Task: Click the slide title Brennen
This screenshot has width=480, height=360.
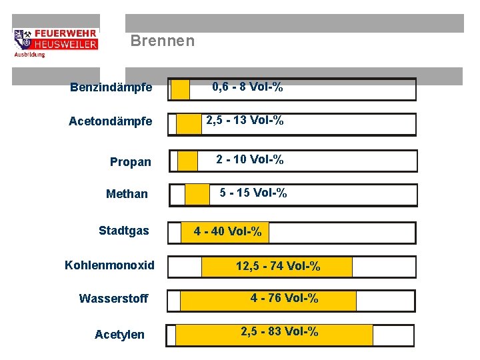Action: click(x=163, y=41)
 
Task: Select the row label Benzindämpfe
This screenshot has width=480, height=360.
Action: click(x=111, y=87)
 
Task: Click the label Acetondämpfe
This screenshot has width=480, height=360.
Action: click(x=111, y=121)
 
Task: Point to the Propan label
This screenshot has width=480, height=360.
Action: click(x=131, y=162)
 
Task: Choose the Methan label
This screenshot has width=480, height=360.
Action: click(x=127, y=194)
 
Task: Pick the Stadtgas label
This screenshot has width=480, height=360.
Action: click(x=124, y=231)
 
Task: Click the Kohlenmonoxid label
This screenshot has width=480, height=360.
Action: click(x=109, y=265)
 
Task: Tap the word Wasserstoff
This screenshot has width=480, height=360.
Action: click(x=113, y=298)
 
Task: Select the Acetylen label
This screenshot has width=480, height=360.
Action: click(x=119, y=334)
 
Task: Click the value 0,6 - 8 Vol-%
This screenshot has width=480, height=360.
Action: click(x=247, y=87)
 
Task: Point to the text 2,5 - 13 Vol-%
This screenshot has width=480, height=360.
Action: click(x=245, y=121)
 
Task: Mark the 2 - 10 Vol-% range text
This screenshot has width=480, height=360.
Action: click(x=250, y=159)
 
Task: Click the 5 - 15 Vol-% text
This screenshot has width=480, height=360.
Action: click(x=253, y=193)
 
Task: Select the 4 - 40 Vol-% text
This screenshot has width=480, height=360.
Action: click(x=228, y=232)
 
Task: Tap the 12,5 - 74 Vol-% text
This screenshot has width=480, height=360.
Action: click(x=278, y=267)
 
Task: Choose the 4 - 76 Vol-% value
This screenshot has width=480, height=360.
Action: click(x=285, y=298)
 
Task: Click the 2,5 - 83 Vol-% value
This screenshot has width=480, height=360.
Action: click(x=279, y=331)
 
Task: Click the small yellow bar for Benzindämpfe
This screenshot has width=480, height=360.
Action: click(x=180, y=89)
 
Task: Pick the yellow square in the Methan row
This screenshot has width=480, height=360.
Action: click(x=197, y=195)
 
